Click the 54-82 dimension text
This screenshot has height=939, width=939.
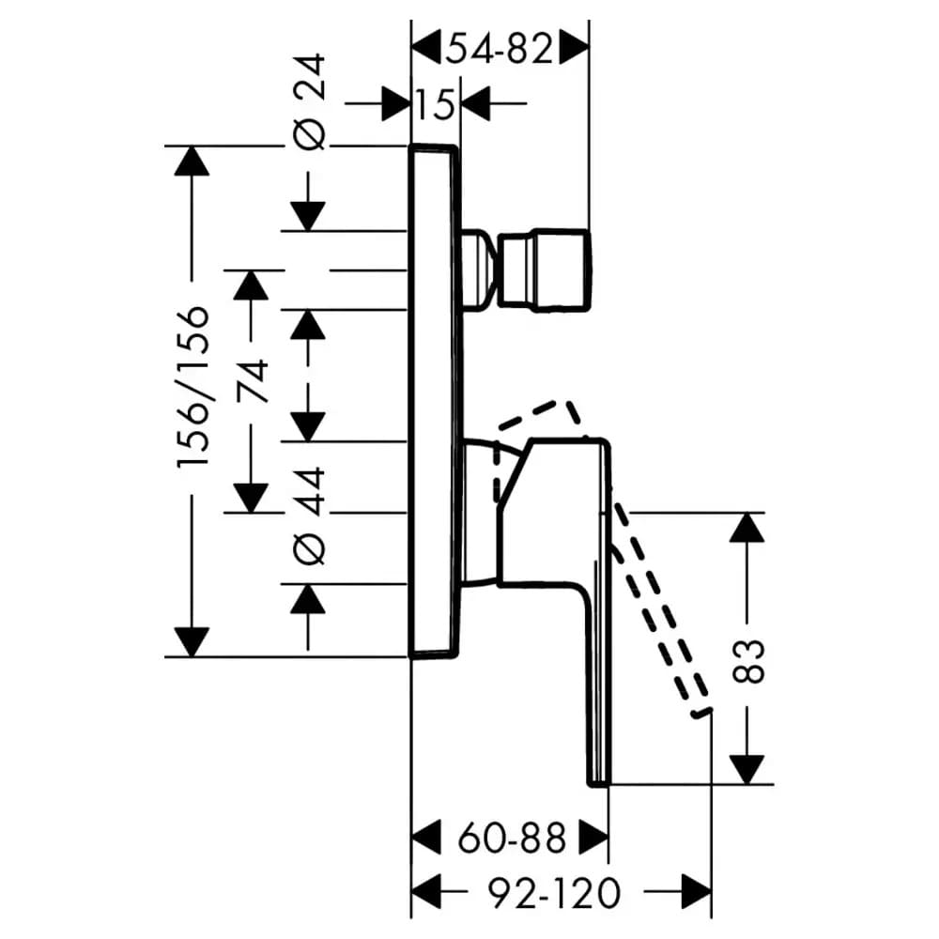pyautogui.click(x=499, y=49)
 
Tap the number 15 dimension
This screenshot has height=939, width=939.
pyautogui.click(x=436, y=104)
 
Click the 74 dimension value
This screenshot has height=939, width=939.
pyautogui.click(x=252, y=381)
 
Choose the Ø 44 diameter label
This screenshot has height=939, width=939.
pyautogui.click(x=310, y=516)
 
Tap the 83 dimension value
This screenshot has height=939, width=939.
pyautogui.click(x=748, y=661)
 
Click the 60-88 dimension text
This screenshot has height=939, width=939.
pyautogui.click(x=512, y=838)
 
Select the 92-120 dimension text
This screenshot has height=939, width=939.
pyautogui.click(x=554, y=893)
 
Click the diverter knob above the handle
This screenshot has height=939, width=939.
pyautogui.click(x=526, y=270)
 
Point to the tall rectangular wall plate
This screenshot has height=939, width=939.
pyautogui.click(x=435, y=401)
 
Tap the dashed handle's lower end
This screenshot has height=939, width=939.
pyautogui.click(x=701, y=712)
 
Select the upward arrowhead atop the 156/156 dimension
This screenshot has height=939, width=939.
pyautogui.click(x=192, y=161)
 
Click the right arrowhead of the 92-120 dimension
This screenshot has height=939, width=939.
pyautogui.click(x=697, y=893)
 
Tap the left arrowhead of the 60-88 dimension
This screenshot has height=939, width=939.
pyautogui.click(x=426, y=838)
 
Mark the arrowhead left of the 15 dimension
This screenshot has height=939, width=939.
pyautogui.click(x=396, y=104)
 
